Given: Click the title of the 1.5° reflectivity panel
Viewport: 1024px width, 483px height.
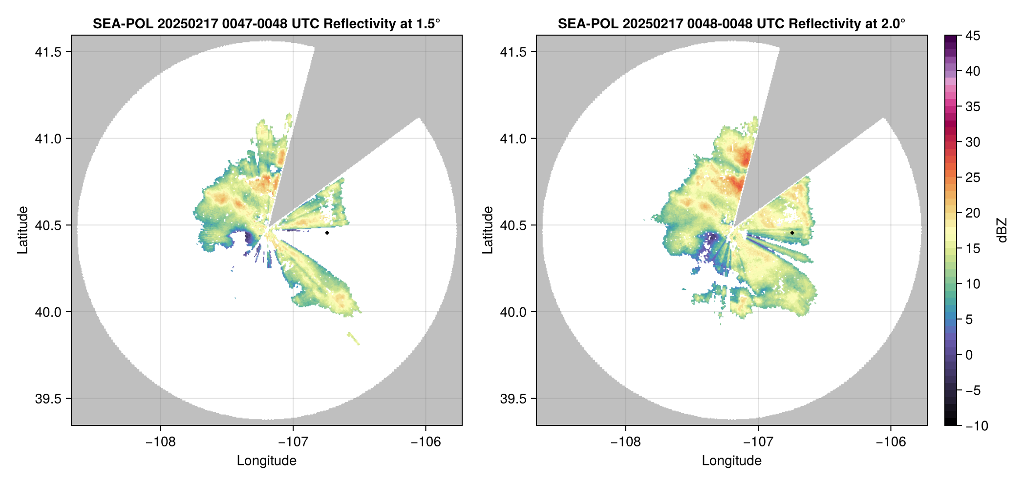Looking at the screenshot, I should coord(266,23).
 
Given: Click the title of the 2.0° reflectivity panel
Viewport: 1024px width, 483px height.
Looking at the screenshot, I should coord(731,23).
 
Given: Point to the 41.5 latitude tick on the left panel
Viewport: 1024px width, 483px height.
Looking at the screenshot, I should coord(48,52).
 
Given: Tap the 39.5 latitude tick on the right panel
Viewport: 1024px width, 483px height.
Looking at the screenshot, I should coord(513,399).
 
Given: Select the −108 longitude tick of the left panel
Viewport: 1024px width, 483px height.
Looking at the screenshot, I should coord(160,442).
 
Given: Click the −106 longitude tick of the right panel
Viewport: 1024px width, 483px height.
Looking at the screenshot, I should coord(891,442).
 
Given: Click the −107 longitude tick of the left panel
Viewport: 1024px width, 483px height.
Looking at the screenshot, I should coord(293,442).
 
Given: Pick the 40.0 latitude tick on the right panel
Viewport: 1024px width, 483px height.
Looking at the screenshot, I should coord(513,312).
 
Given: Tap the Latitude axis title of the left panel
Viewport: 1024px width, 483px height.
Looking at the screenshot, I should coord(22,230).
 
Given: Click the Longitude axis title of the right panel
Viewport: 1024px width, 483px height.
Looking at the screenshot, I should coord(731,461).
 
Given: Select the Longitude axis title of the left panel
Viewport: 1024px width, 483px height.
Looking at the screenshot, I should coord(266,461).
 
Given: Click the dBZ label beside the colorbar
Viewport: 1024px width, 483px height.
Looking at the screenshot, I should coord(1002,230).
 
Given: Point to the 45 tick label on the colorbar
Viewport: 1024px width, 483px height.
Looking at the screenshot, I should coord(973,36).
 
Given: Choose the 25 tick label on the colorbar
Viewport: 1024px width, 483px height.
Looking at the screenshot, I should coord(973,178).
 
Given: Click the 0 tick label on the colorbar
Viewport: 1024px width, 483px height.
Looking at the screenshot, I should coord(969,355).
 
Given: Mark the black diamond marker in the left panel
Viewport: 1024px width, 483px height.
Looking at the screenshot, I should coord(327,233).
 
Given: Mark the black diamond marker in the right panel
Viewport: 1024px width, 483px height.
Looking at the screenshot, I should coord(792,233).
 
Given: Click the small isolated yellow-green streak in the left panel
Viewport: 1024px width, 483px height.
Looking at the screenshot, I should coord(354,338).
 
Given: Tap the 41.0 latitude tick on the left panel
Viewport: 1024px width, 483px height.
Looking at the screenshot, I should coord(48,139).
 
